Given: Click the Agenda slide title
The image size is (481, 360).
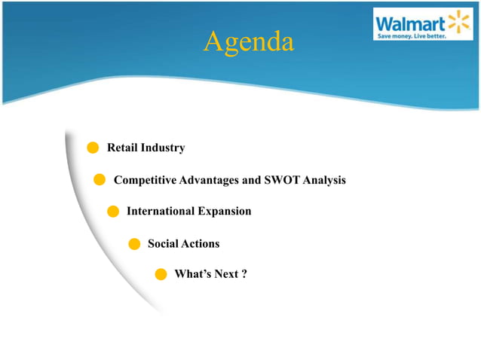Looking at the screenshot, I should click(x=248, y=42).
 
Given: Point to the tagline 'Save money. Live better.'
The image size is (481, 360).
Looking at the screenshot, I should click(x=412, y=35).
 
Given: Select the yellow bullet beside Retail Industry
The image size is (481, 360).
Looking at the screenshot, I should click(x=93, y=148).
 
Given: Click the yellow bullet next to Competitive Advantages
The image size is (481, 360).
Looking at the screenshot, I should click(x=99, y=180).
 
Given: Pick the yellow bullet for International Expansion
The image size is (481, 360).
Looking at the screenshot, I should click(x=113, y=212).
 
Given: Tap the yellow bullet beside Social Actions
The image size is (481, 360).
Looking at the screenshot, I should click(x=134, y=243).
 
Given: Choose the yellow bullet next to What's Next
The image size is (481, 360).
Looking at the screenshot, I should click(x=161, y=274).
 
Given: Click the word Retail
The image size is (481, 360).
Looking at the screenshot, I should click(x=122, y=148).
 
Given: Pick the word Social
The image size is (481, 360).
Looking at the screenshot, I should click(x=163, y=243).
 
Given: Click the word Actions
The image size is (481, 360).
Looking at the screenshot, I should click(x=201, y=243).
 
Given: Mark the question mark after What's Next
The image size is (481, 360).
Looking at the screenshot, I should click(x=244, y=274).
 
